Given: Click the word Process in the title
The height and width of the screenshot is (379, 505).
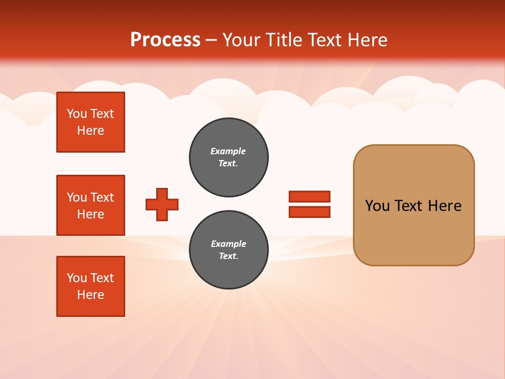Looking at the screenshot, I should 165,40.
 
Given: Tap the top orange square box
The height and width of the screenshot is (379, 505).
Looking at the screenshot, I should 90,122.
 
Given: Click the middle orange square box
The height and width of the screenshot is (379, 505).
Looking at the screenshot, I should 90,205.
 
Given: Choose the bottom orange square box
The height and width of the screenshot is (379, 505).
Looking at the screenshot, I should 90,286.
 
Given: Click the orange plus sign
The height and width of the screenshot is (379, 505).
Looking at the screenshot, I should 162,205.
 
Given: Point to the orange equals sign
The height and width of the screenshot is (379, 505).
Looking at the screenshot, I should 309,204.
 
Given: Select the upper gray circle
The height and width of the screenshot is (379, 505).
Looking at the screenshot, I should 228,157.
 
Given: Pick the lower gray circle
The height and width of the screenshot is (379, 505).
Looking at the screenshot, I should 228,250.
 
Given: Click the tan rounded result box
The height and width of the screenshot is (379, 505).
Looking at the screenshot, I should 413,205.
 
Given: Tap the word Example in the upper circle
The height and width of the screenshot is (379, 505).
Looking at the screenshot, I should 228,151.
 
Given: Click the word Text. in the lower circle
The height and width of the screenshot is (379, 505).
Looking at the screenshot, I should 228,256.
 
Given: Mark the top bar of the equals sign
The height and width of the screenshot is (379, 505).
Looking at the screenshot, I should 309,197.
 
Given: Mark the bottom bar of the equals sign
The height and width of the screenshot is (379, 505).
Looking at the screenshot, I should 309,212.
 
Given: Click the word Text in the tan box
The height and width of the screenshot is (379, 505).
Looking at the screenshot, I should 408,206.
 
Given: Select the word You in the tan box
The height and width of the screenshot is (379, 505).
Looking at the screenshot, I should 377,206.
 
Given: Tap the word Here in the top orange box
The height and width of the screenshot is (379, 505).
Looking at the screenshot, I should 90,131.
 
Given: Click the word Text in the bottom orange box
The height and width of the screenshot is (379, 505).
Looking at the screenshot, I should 102,278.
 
